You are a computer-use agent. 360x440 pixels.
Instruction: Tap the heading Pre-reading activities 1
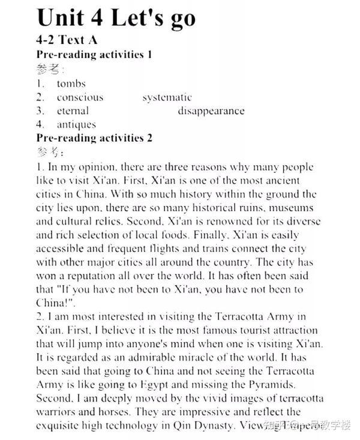click(x=94, y=54)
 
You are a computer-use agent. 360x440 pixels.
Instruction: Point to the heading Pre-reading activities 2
click(x=94, y=138)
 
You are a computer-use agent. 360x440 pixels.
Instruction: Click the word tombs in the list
click(x=71, y=83)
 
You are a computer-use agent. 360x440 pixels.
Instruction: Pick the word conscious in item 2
click(x=80, y=97)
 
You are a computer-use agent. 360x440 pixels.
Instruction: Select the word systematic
click(x=167, y=97)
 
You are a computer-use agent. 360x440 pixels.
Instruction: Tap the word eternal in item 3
click(x=73, y=111)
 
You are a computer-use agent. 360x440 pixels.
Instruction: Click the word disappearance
click(x=211, y=111)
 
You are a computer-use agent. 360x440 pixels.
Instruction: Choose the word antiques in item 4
click(x=76, y=125)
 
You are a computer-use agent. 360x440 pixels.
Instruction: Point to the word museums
click(x=292, y=208)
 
